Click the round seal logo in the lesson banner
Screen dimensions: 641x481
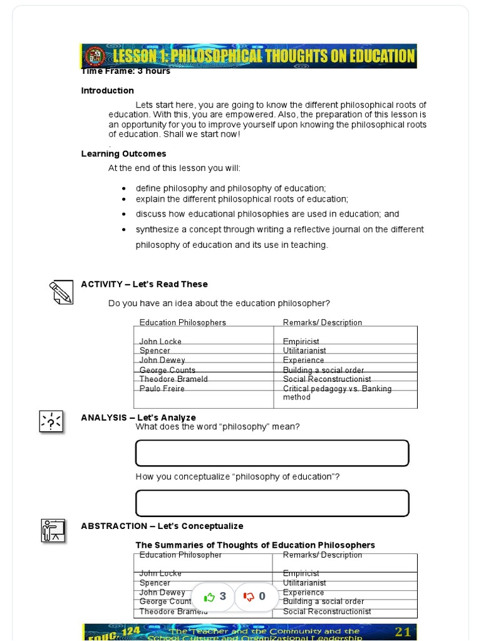point(96,56)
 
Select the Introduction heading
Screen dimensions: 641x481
point(107,91)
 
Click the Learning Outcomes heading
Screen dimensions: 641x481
point(123,154)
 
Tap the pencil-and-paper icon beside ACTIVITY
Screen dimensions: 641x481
point(61,292)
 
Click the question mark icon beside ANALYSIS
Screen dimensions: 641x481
point(51,421)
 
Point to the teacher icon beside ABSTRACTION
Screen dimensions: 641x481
point(53,530)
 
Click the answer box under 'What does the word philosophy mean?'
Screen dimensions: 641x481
point(272,453)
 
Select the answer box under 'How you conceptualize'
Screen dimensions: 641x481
point(272,503)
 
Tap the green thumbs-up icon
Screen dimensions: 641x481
point(209,597)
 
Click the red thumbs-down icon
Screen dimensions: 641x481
point(249,597)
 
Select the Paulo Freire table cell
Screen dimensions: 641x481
point(162,389)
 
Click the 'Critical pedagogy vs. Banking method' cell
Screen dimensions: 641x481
point(337,393)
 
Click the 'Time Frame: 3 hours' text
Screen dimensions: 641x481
point(125,71)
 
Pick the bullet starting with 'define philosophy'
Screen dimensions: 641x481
point(230,188)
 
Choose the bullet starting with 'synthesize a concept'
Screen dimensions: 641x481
point(279,230)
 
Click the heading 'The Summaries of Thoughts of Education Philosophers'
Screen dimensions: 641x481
point(255,545)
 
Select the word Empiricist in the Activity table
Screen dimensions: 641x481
point(301,342)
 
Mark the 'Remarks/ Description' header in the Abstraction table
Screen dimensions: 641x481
point(322,555)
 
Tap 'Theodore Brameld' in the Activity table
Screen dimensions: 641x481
point(173,379)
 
